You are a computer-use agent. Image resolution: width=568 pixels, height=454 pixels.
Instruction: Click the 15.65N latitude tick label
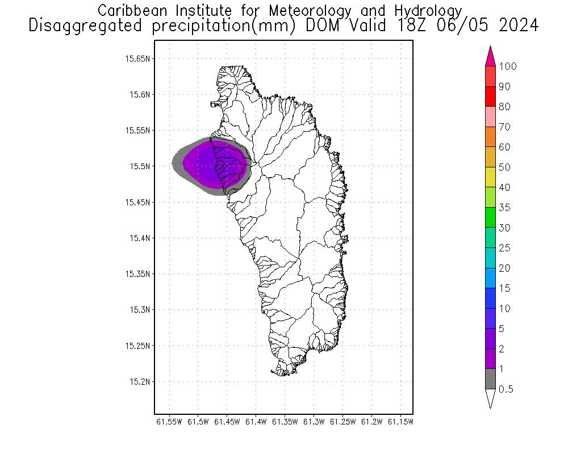click(138, 58)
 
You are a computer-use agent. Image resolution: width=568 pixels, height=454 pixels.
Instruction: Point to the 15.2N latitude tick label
click(140, 381)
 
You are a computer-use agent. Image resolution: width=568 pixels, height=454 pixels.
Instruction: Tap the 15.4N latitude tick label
click(140, 238)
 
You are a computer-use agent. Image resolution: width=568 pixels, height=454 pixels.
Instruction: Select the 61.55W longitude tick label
click(169, 422)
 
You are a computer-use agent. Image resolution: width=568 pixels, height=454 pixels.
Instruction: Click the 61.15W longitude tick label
click(401, 422)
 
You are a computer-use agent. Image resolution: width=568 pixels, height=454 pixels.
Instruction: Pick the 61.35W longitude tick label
click(285, 422)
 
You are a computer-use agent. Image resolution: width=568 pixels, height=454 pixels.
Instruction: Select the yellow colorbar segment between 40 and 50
click(491, 178)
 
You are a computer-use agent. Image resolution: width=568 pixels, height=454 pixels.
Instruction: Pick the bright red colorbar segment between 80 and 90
click(491, 97)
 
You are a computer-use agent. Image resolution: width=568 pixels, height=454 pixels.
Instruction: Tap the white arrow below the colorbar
click(491, 398)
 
